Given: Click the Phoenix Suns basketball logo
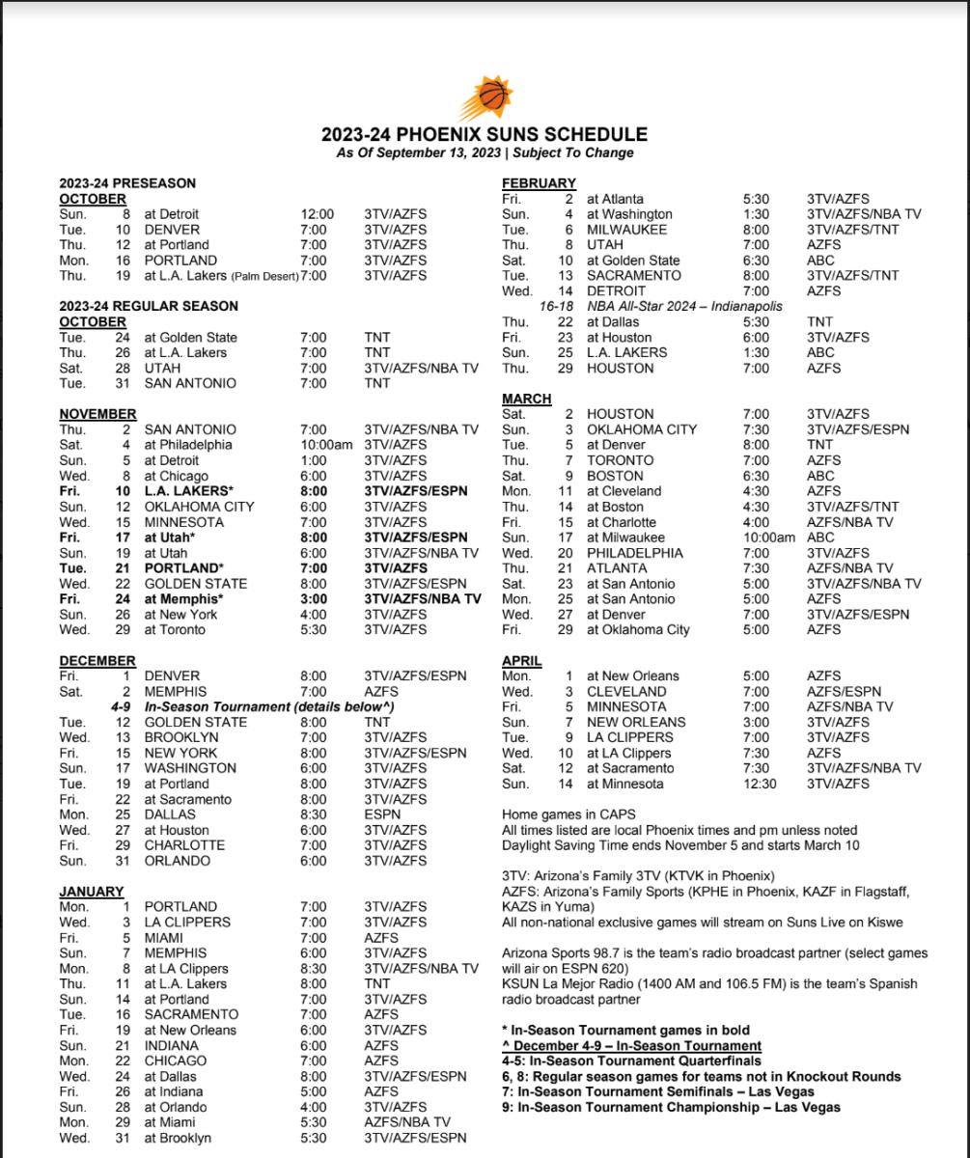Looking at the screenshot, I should click(485, 98).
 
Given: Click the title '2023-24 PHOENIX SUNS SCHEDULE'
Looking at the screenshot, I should click(485, 135).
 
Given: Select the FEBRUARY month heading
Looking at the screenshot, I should click(539, 183).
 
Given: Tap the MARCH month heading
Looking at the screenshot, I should click(527, 399).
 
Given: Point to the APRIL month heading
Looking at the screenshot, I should click(522, 661).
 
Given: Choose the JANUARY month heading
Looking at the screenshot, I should click(92, 892).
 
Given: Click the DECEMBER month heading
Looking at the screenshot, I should click(97, 661).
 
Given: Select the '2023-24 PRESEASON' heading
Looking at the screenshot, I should click(127, 183).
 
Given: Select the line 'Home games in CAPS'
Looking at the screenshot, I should click(568, 814).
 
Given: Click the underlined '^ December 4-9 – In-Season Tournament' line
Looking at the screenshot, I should click(631, 1046).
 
